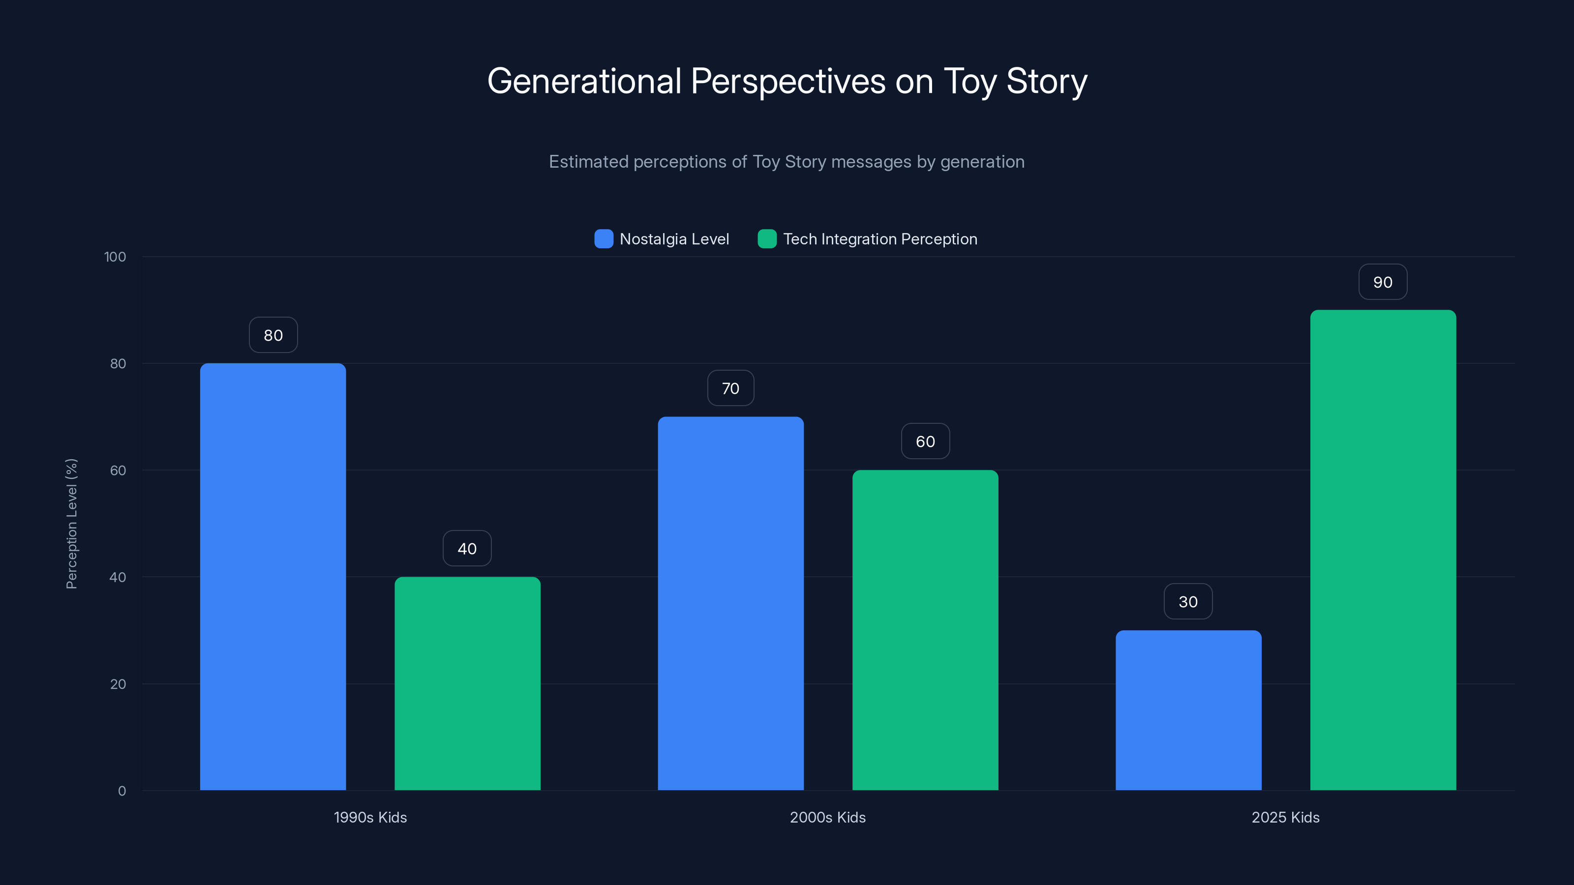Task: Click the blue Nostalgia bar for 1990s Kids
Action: point(272,577)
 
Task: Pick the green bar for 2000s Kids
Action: point(925,630)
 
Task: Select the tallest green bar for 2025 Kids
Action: point(1383,550)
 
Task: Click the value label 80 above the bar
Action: point(273,335)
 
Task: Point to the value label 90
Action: point(1383,282)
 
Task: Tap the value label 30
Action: point(1188,602)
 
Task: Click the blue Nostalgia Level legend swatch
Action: point(604,239)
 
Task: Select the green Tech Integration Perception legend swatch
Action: point(767,239)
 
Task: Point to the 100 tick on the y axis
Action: point(115,257)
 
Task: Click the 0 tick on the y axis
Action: point(121,791)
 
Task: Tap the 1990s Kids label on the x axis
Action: point(370,817)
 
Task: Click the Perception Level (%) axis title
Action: point(71,524)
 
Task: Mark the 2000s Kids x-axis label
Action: point(827,817)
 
